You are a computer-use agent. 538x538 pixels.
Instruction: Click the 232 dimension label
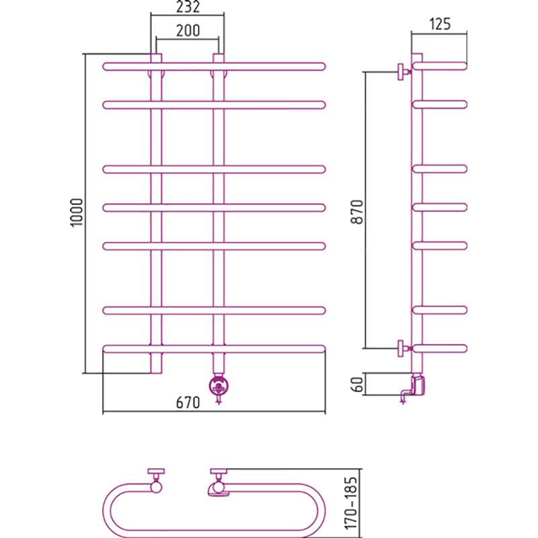[x=188, y=7]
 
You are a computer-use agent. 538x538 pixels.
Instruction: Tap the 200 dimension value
[x=188, y=30]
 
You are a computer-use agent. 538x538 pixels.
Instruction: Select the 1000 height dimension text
[x=77, y=213]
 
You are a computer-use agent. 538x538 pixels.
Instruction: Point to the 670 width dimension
[x=188, y=402]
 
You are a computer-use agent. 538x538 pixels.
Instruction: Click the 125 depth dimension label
[x=440, y=24]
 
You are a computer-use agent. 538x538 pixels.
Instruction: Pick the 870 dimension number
[x=357, y=212]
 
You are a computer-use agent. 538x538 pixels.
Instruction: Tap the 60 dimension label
[x=357, y=384]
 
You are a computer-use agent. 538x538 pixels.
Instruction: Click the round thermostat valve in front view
[x=219, y=386]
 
